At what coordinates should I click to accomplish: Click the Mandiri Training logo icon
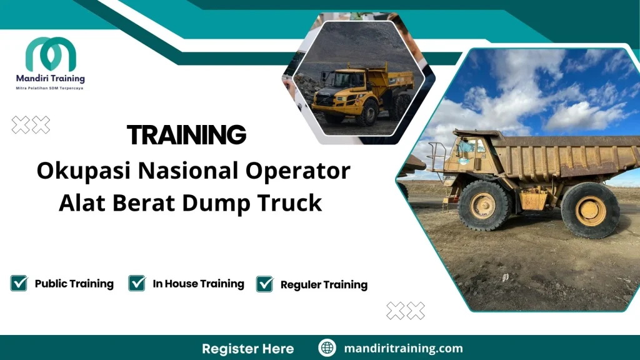tap(51, 55)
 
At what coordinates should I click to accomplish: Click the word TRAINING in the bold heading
tap(186, 135)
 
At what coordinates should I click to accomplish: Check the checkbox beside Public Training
tap(19, 283)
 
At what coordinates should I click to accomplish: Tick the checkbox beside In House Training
tap(137, 283)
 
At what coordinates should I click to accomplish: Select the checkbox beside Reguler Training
tap(265, 284)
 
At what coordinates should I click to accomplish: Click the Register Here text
tap(247, 348)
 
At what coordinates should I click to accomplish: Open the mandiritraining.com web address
tap(404, 348)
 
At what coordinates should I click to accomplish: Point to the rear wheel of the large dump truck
tap(590, 211)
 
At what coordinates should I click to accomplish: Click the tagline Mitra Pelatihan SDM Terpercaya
tap(49, 88)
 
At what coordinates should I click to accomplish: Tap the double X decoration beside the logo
tap(31, 125)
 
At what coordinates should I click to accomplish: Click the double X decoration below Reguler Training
tap(406, 310)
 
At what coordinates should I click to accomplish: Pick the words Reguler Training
tap(324, 285)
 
